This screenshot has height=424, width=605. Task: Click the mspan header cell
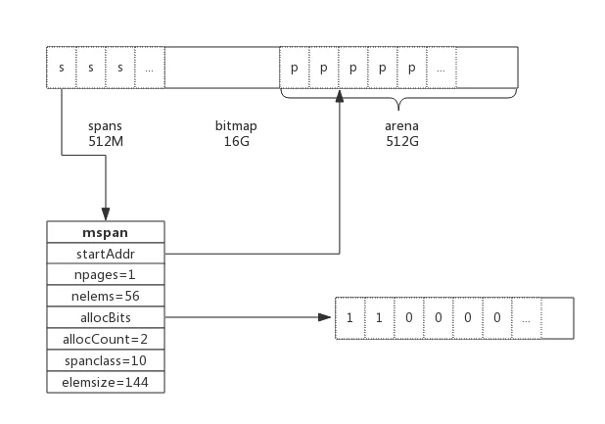106,232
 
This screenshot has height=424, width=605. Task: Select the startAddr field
106,254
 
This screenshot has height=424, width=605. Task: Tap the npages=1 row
106,275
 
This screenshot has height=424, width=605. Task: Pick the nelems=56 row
106,297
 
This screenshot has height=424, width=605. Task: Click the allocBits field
106,317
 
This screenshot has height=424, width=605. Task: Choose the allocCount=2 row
106,339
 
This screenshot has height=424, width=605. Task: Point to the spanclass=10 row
106,360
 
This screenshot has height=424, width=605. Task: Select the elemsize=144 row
106,382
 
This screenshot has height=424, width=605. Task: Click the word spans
105,126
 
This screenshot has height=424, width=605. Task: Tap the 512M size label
106,141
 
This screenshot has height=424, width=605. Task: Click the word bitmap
236,126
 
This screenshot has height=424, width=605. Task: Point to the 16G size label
237,141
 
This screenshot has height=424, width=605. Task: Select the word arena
401,126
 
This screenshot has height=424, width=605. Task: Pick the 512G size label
402,141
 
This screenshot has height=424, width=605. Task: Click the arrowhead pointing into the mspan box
106,214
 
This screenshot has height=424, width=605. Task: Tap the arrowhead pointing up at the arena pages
340,96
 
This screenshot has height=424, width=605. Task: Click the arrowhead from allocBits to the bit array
324,317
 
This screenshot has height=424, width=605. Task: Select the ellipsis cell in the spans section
150,68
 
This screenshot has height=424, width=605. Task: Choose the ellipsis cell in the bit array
527,318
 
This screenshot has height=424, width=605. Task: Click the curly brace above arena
399,99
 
